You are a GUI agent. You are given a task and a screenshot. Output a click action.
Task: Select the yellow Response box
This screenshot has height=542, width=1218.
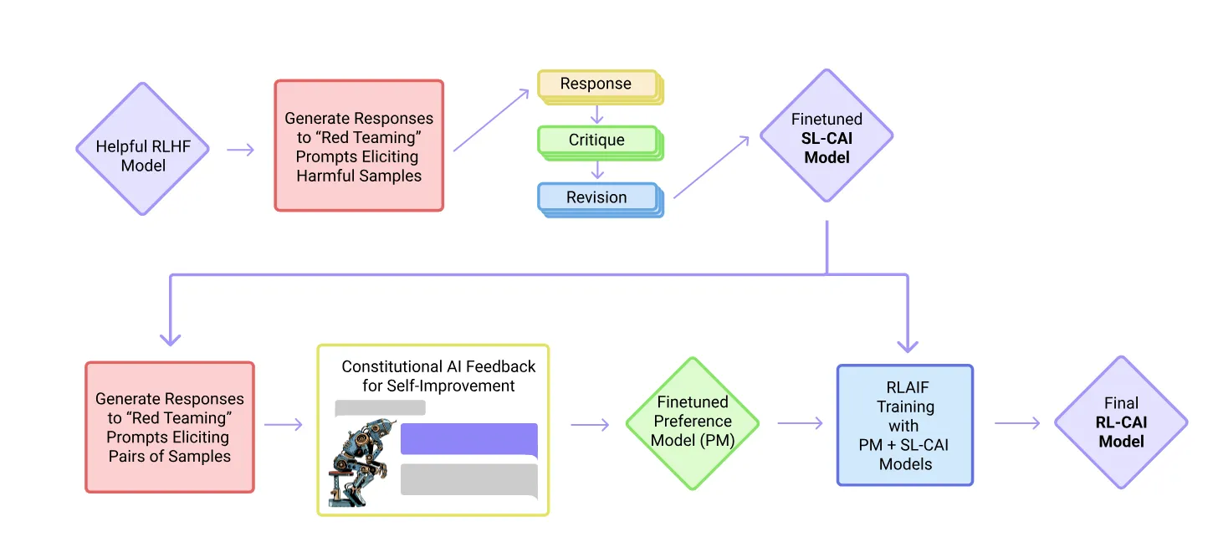tap(597, 84)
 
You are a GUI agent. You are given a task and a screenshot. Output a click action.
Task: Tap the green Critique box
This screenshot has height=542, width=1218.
tap(597, 140)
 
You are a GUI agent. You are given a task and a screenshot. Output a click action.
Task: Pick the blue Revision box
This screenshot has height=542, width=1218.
tap(597, 197)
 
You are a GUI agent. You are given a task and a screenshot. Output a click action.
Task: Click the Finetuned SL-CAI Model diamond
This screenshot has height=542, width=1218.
tap(826, 136)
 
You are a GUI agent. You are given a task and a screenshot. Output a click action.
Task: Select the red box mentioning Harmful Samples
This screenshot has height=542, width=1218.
tap(359, 146)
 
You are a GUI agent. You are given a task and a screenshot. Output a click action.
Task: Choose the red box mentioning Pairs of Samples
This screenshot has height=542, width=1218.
tap(170, 427)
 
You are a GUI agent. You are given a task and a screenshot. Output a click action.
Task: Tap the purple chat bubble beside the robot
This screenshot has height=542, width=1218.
tap(469, 439)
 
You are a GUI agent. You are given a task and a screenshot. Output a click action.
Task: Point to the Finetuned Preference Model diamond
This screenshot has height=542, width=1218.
tap(693, 423)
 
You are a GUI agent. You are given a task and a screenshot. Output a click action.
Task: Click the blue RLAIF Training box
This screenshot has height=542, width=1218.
tap(905, 425)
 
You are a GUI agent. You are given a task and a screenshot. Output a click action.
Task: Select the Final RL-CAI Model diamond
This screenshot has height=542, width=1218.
tap(1120, 423)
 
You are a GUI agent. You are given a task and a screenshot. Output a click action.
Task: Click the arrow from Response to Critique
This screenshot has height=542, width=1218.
tap(597, 113)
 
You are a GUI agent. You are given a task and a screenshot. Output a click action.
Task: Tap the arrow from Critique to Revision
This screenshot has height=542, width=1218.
tap(597, 170)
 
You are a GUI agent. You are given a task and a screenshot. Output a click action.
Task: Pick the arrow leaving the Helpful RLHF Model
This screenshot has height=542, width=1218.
tap(241, 150)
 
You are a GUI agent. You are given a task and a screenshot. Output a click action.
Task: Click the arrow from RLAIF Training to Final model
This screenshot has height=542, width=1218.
tap(1017, 423)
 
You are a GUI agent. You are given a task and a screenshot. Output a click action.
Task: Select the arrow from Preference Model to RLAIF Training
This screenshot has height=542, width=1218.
tap(801, 423)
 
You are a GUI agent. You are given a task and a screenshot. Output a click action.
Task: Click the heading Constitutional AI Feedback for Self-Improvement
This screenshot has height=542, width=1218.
tap(438, 376)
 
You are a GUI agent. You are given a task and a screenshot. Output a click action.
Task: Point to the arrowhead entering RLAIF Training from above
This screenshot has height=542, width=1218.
tap(908, 345)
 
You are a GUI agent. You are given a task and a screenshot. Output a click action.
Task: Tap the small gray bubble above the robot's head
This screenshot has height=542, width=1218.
tap(380, 408)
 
